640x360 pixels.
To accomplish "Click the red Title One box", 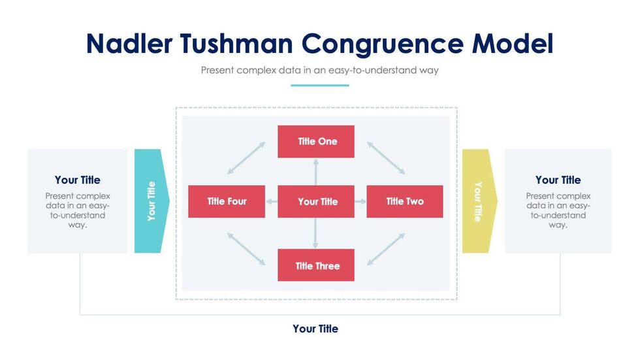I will (316, 142).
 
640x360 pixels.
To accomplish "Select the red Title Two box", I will (405, 201).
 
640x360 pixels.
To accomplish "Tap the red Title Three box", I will (316, 265).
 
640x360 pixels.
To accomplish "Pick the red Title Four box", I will (227, 201).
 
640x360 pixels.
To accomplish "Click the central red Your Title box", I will (316, 201).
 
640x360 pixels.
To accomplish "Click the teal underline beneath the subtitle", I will (319, 85).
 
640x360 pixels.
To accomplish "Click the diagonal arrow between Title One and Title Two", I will (386, 157).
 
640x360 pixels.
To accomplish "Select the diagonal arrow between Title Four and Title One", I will (246, 158).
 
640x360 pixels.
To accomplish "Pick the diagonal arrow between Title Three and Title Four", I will (246, 249).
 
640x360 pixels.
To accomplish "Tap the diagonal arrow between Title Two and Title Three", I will (386, 249).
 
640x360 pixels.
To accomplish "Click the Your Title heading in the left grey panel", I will (77, 180).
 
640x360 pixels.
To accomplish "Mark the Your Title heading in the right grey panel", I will (558, 180).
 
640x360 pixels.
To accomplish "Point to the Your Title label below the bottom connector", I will (315, 329).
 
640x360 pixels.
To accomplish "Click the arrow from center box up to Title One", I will (316, 172).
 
